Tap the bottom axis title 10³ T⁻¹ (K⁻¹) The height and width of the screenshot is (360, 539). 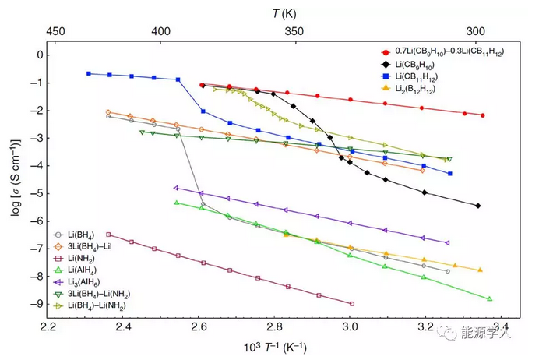pos(274,345)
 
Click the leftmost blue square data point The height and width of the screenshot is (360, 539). pos(89,73)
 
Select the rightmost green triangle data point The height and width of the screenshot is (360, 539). pos(489,298)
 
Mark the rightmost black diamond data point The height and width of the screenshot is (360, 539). pos(477,206)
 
